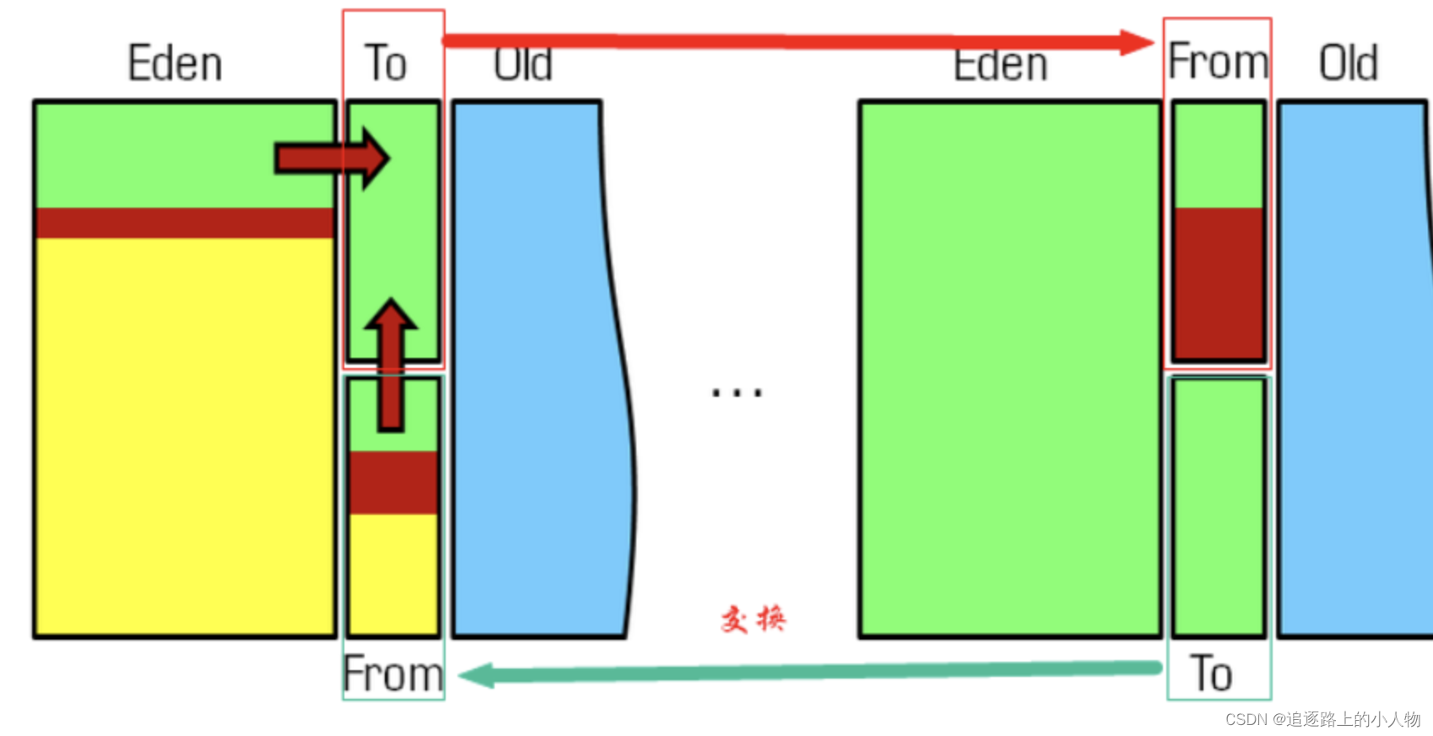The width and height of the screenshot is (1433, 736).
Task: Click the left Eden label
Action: [175, 64]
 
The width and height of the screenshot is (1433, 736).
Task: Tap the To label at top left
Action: [386, 63]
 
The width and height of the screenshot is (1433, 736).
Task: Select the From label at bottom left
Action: [393, 674]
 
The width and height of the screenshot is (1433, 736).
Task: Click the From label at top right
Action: [1218, 62]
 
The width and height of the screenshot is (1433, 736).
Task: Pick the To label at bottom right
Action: [1212, 674]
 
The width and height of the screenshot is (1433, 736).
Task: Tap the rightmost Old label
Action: [1349, 63]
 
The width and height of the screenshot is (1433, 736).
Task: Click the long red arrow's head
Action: [1137, 42]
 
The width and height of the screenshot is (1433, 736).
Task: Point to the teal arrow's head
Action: [475, 675]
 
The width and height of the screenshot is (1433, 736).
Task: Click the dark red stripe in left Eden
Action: [185, 223]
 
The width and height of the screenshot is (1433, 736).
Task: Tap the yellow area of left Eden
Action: [185, 435]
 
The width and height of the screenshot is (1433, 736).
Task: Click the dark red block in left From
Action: [393, 483]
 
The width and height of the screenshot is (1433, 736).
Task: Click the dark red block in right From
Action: [1219, 283]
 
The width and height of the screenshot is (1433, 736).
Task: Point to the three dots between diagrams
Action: [737, 392]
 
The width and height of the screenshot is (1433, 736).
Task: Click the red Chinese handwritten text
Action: [753, 620]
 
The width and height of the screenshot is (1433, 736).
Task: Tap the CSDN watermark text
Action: [1322, 719]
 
